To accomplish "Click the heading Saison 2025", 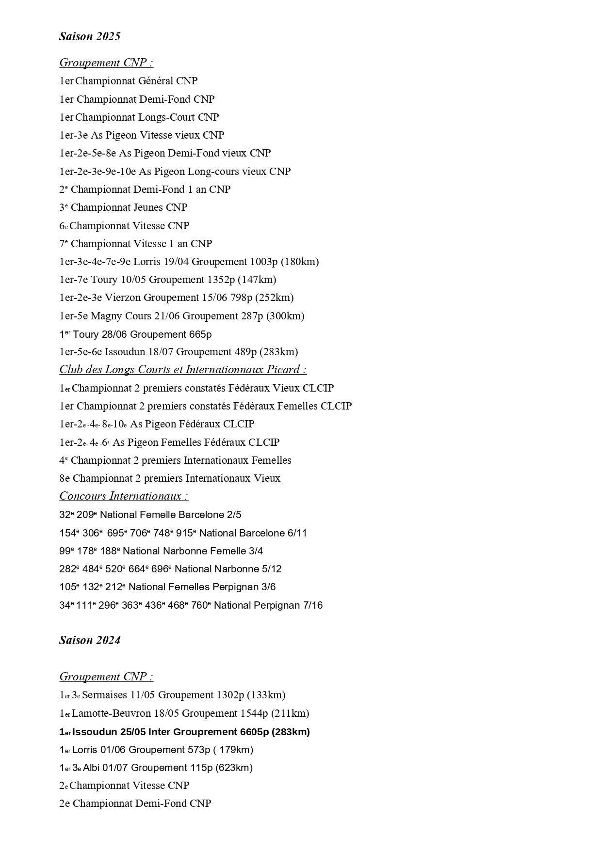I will (x=90, y=36).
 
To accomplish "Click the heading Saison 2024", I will (x=90, y=640).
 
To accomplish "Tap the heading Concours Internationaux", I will (x=124, y=496).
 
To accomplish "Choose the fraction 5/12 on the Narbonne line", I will (x=271, y=569).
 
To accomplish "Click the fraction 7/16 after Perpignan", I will (x=312, y=605).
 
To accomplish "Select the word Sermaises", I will (x=104, y=695).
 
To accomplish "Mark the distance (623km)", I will (x=234, y=768).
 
